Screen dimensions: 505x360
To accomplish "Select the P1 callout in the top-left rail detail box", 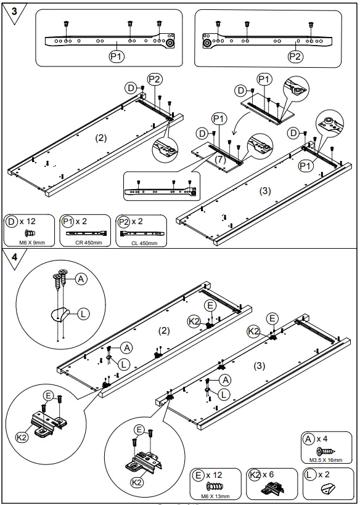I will point(117,56).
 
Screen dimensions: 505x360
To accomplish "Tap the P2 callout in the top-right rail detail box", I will point(296,56).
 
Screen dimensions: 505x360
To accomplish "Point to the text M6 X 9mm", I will point(31,242).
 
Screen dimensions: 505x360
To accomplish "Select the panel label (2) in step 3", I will point(101,139).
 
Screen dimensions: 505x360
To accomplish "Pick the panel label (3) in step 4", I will point(260,365).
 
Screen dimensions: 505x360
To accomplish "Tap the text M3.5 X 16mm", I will point(325,459).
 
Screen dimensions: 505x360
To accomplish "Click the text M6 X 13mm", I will point(215,496).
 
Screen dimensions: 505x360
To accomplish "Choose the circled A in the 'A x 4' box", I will point(308,438).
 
